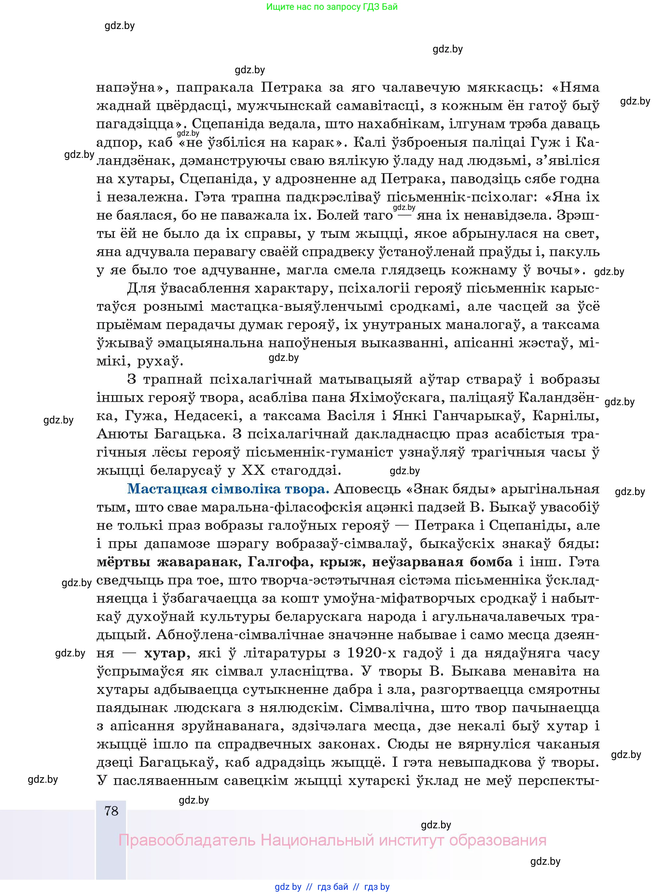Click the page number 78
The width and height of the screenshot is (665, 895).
tap(111, 810)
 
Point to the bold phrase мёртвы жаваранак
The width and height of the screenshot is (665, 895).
tap(167, 561)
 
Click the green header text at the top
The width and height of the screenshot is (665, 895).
tap(332, 7)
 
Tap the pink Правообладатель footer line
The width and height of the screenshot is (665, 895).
tap(332, 840)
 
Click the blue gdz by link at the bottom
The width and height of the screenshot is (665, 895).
tap(288, 887)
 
